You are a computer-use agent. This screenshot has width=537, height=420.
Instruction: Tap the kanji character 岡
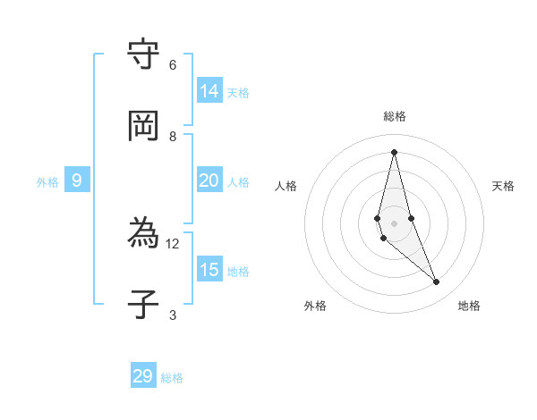(x=143, y=125)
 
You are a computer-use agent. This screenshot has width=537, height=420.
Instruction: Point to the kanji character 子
(x=143, y=305)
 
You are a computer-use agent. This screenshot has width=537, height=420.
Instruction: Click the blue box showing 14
(x=209, y=91)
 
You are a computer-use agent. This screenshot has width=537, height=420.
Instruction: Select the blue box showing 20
(x=209, y=181)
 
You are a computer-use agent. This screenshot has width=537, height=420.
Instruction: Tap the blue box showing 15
(x=209, y=270)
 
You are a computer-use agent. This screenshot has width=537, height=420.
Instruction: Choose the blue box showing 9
(x=77, y=181)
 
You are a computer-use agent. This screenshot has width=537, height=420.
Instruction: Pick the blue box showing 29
(x=143, y=376)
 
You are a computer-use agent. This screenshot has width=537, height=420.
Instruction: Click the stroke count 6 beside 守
(x=173, y=65)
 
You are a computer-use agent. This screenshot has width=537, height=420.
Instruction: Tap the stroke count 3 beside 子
(x=173, y=315)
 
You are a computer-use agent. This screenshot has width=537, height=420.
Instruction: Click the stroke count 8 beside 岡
(x=173, y=136)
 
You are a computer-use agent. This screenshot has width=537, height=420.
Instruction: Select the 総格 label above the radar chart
(x=395, y=116)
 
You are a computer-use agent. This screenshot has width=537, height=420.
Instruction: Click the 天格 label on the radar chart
(x=504, y=186)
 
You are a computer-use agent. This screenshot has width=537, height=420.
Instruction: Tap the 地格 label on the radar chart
(x=469, y=306)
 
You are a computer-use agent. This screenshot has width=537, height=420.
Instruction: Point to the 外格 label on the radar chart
(x=315, y=306)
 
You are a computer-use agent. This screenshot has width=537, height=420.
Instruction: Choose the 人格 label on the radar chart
(x=286, y=186)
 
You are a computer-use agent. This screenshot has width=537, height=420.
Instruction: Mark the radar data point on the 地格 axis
(x=437, y=282)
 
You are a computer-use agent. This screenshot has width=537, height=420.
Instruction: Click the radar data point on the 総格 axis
(x=394, y=151)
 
